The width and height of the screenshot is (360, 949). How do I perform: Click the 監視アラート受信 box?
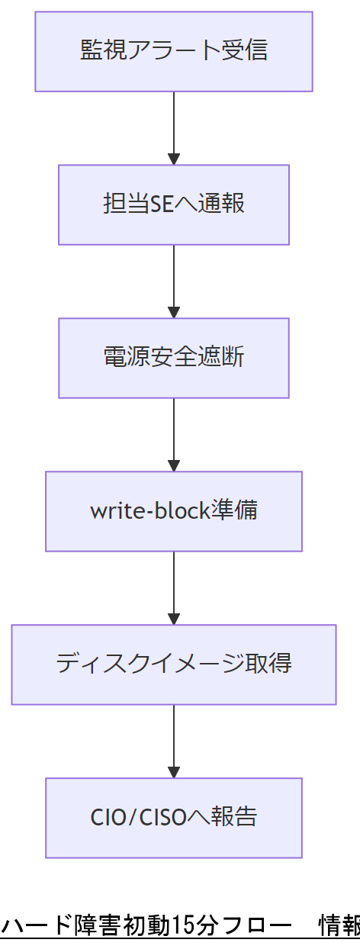tap(174, 52)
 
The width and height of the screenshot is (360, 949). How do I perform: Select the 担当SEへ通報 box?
tap(174, 204)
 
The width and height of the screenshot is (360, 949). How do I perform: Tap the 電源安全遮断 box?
tap(174, 358)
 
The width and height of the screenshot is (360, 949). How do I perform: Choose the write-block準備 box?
tap(174, 511)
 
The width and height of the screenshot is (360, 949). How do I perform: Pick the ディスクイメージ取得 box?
tap(174, 664)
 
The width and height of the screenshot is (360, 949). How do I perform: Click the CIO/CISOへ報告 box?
tap(174, 817)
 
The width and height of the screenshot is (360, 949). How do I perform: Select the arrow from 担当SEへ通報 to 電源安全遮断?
tap(174, 281)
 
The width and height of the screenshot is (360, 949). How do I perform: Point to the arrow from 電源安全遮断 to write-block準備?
tap(174, 434)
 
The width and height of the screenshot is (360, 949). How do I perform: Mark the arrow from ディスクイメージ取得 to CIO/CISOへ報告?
tap(174, 740)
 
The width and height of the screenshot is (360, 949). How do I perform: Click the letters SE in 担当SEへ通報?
tap(162, 204)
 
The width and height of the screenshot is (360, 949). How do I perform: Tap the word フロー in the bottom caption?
tap(251, 925)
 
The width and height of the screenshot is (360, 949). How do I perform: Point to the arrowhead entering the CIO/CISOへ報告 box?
tap(174, 772)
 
